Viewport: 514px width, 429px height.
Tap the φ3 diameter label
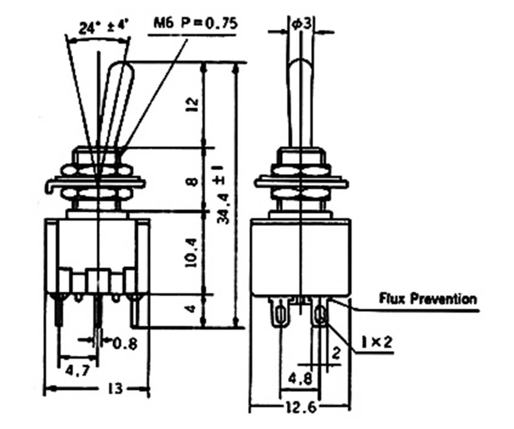coord(301,23)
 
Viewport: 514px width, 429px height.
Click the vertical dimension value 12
coord(193,105)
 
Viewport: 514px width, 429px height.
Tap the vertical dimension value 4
coord(191,309)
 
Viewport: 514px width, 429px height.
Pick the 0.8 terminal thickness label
coord(124,343)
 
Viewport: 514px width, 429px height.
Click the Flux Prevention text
coord(428,299)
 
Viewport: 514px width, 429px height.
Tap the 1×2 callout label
coord(377,341)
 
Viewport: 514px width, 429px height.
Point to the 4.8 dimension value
coord(299,381)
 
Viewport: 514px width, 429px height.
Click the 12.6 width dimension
coord(299,408)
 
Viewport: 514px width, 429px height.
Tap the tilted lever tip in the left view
coord(121,69)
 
